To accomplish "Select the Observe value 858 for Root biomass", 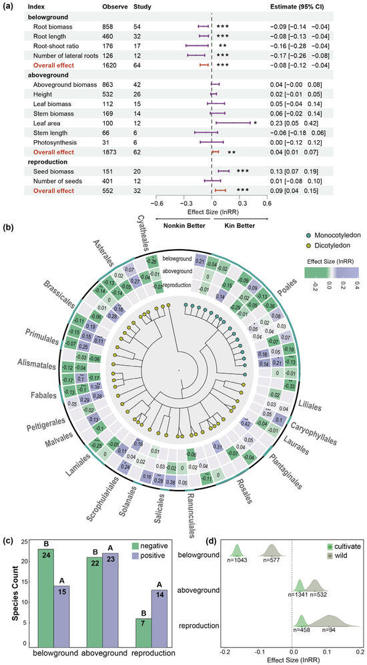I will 109,25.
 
